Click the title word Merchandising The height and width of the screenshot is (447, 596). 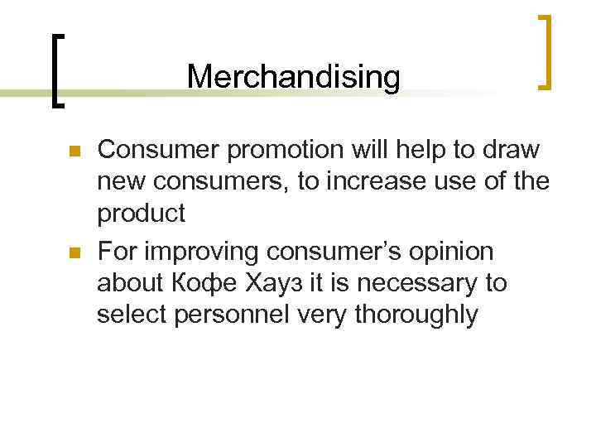293,77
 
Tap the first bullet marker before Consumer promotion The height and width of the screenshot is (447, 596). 72,152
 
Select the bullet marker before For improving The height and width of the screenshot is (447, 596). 72,252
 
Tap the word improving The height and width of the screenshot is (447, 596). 207,251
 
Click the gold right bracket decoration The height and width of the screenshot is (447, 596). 545,50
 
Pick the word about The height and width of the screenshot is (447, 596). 130,282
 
